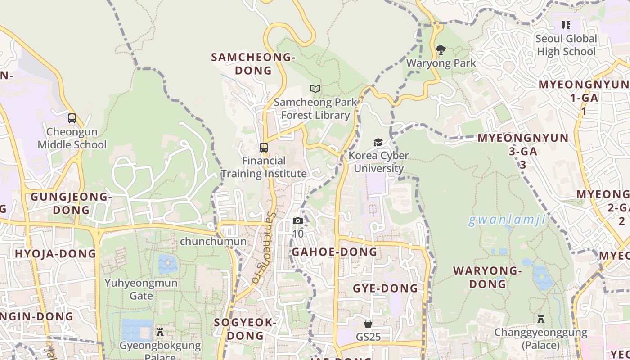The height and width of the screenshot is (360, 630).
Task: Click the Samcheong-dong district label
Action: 253,64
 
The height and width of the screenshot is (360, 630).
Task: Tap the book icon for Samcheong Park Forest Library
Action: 315,89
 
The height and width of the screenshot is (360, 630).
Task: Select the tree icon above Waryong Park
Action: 441,49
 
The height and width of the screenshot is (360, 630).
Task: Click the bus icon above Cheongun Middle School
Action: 72,118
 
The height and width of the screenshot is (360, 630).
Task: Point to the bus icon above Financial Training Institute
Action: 264,147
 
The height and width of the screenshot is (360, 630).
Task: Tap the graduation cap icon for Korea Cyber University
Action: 378,143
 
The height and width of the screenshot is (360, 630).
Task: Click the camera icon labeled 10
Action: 297,220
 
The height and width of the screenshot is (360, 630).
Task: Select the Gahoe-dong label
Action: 334,252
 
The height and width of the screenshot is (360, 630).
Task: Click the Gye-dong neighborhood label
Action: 385,288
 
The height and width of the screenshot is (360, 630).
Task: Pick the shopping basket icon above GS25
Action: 368,324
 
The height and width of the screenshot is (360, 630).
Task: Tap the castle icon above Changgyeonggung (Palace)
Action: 541,319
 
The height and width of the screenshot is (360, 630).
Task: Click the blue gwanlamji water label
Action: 507,220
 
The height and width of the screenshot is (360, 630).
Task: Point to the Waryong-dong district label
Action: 487,277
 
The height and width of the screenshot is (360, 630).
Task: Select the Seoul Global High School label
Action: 566,45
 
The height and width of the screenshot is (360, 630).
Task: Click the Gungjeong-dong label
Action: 71,203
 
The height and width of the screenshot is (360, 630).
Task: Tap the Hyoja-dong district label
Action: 55,253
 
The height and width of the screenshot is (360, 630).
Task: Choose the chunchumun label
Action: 213,242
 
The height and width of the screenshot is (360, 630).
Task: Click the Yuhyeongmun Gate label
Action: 141,289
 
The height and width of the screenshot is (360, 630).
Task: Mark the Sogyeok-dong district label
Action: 245,329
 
